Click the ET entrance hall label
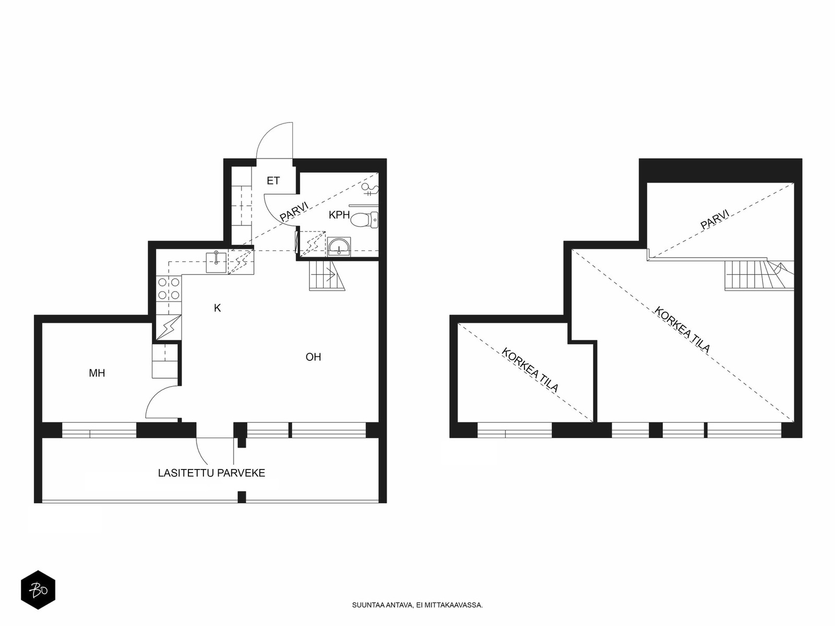(273, 181)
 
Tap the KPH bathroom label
(339, 215)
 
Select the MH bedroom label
(97, 373)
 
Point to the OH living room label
(314, 357)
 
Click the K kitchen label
(218, 308)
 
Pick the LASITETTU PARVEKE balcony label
(211, 473)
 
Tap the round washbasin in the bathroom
(339, 247)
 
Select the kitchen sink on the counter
(216, 262)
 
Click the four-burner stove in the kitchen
(169, 288)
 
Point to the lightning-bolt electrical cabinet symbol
(169, 327)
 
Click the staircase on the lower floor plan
(327, 276)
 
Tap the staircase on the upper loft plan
(759, 275)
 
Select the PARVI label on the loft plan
(715, 219)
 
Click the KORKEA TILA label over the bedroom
(530, 370)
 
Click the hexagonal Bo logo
(38, 590)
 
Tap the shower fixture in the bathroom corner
(369, 189)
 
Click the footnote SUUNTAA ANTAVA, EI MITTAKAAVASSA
(417, 605)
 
